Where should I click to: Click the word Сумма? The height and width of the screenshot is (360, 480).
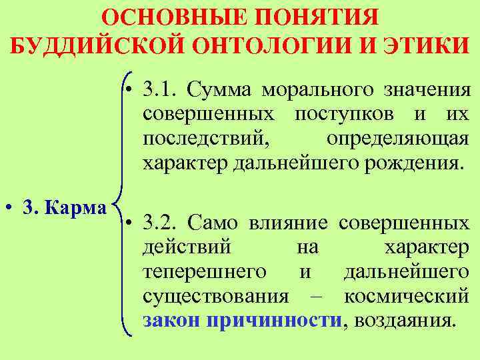[221, 89]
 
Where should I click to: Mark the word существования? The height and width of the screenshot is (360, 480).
[215, 296]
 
